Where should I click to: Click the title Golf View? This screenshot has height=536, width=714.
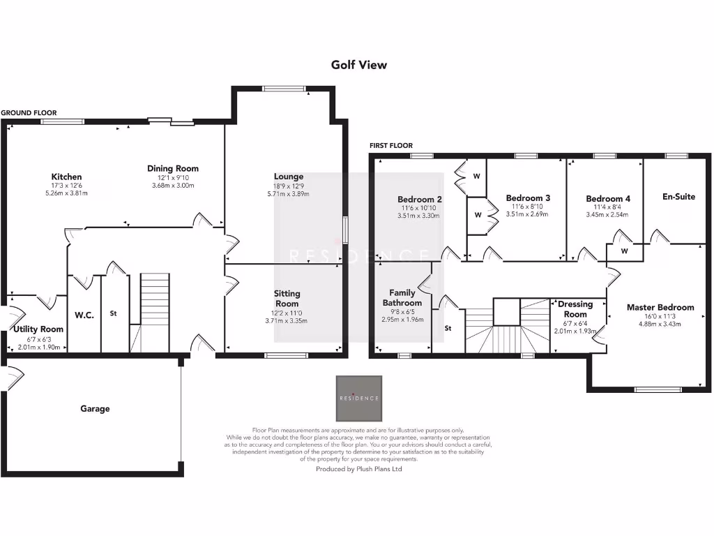358,65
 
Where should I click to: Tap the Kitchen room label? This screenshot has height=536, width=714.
66,177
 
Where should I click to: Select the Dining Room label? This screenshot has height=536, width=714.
172,168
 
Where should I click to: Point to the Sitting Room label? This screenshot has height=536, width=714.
287,299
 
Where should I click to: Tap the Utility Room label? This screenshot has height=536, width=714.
38,329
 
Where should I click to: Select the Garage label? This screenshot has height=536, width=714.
94,409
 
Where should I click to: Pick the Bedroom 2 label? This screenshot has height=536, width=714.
420,199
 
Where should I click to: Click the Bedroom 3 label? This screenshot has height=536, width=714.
528,198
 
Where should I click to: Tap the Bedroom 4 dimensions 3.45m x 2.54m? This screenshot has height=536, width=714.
608,214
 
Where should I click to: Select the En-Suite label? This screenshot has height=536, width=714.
678,197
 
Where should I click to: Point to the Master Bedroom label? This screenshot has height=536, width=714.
660,307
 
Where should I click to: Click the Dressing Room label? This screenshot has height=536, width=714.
576,309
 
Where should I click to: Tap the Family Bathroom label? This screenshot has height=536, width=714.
402,298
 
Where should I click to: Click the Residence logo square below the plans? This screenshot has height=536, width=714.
359,399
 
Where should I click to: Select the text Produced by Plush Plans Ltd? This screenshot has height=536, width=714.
358,470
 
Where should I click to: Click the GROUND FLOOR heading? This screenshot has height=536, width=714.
29,112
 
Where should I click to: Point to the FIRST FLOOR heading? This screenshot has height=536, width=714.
391,145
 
